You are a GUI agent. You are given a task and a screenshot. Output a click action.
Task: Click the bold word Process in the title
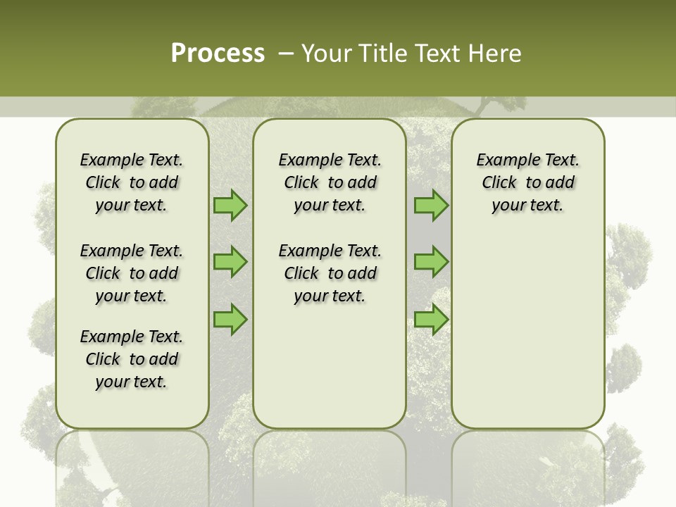coord(218,54)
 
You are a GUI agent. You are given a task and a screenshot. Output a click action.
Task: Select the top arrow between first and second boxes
coord(230,206)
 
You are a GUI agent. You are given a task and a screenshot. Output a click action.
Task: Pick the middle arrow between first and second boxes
coord(230,262)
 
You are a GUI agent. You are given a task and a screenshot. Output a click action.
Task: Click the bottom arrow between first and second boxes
coord(230,319)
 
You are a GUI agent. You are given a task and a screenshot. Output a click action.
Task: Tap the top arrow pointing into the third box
coord(431,206)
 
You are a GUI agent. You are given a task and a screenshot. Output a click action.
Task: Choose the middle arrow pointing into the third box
coord(431,262)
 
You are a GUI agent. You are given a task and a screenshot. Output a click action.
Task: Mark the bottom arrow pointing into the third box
coord(431,319)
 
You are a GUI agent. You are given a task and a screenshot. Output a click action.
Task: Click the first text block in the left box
coord(132,182)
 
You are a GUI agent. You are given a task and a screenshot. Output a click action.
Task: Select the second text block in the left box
coord(132,273)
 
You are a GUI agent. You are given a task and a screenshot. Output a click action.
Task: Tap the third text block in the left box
coord(132,359)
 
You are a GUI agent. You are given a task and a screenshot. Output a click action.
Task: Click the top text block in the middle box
coord(330,182)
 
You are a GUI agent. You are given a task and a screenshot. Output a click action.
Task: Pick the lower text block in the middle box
coord(330,273)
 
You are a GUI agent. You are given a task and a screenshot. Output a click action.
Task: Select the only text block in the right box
coord(527,182)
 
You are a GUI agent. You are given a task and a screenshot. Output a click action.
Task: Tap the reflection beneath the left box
coord(132,465)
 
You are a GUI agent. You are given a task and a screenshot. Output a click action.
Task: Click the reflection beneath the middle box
coord(330,465)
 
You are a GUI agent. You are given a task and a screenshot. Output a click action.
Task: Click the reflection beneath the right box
coord(527,465)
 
